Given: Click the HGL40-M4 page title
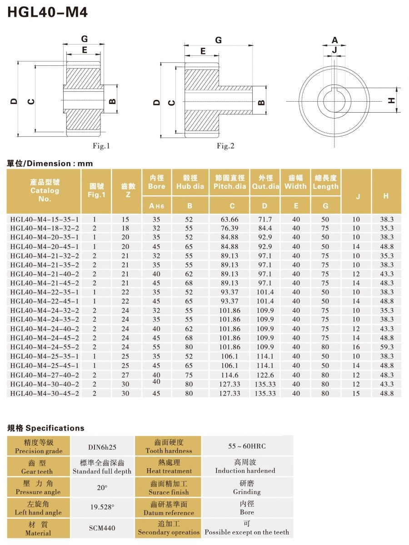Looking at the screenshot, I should tap(47, 12).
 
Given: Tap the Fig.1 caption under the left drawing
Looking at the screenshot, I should tap(101, 146).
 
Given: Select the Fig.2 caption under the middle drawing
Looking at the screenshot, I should tap(225, 146).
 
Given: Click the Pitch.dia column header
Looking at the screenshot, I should tap(229, 183).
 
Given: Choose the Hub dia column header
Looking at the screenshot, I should tap(190, 183).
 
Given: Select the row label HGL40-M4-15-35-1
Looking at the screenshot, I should tap(45, 219).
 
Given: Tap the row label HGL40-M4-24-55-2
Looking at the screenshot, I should tap(45, 347).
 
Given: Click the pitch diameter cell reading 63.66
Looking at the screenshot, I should tap(229, 219).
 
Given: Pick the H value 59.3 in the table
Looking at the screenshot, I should tap(386, 347).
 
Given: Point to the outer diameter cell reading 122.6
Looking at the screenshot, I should tap(265, 375).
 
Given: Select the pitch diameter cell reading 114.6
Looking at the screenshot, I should tap(229, 375).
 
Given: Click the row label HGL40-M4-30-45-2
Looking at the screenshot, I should tap(45, 393).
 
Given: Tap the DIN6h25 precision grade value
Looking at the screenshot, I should tap(102, 446).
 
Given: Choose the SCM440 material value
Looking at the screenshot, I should tap(102, 528).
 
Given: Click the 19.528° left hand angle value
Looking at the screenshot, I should tap(102, 507).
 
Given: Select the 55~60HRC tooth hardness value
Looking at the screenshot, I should tap(247, 446).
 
